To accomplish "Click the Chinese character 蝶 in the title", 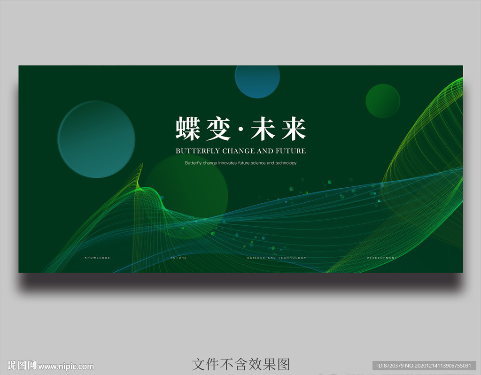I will click(188, 129).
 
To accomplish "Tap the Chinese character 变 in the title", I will click(217, 129).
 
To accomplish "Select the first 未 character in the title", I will click(263, 129).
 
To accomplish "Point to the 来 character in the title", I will click(293, 129).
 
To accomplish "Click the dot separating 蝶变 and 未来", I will click(240, 130).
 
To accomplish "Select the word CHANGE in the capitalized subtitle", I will click(238, 151).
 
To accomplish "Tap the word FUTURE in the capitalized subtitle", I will click(291, 151).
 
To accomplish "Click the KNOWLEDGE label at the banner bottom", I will click(97, 258).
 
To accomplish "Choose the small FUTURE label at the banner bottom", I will click(178, 258).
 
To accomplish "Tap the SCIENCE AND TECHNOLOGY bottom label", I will click(277, 258).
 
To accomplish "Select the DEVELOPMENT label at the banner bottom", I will click(382, 258).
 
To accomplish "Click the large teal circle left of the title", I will click(96, 139).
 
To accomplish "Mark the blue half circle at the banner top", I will click(257, 80).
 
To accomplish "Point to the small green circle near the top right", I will click(383, 101).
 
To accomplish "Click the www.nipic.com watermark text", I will click(66, 367).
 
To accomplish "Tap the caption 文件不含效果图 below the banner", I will click(240, 364).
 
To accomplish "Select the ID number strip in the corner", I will click(425, 366).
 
